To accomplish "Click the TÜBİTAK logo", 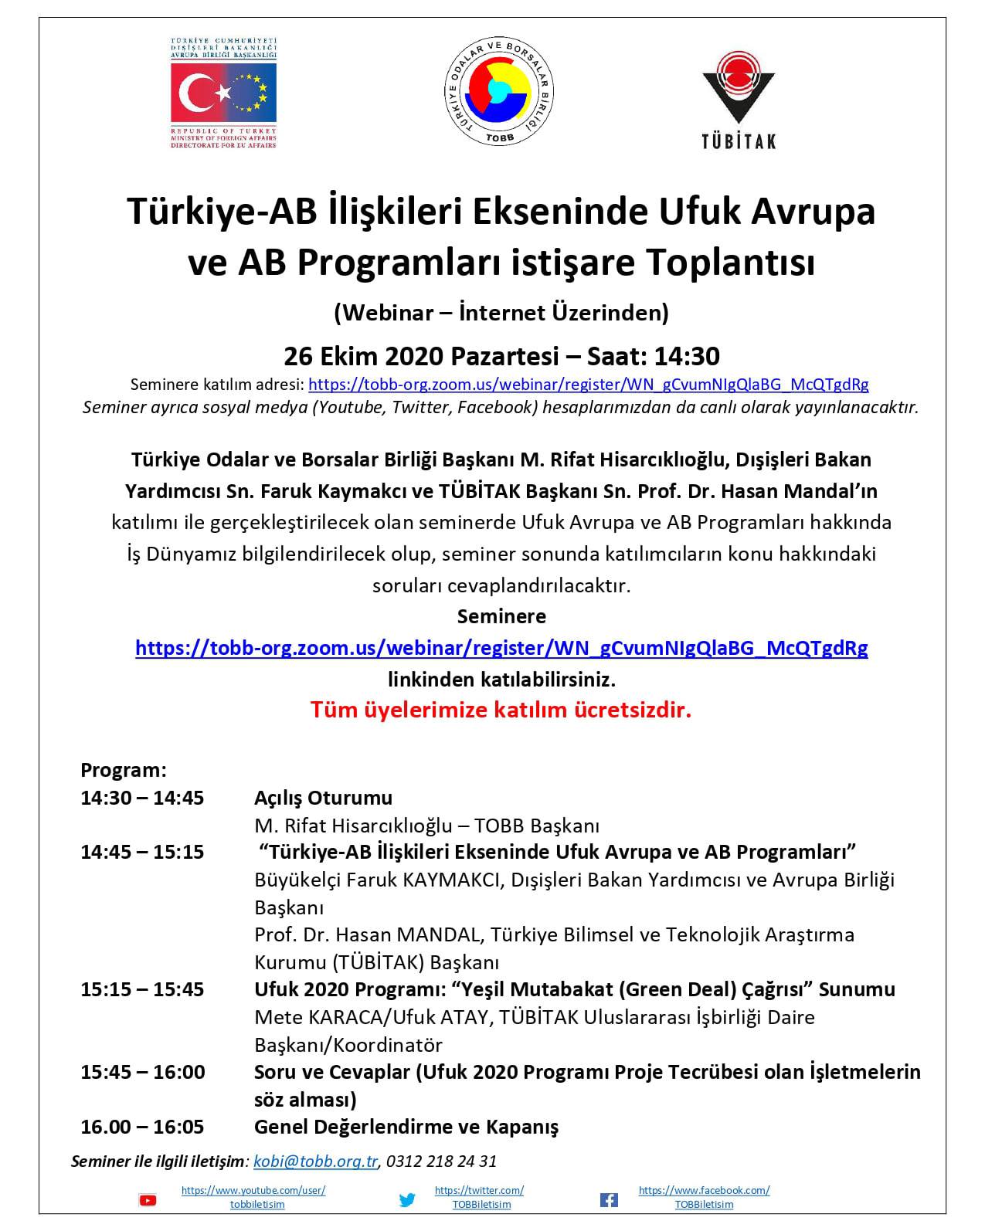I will point(738,99).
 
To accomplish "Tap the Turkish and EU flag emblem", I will point(223,93).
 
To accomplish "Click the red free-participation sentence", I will point(501,709).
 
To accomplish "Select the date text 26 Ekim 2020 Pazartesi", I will point(421,356).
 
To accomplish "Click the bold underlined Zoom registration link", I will point(501,647).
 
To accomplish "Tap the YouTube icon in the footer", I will point(147,1199).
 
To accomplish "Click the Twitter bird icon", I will point(407,1199).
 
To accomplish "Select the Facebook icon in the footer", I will point(609,1199).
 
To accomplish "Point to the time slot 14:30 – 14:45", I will point(142,798).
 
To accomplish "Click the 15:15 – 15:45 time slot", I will point(142,989).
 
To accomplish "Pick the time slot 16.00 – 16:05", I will point(142,1127).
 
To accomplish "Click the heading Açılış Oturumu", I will point(323,798).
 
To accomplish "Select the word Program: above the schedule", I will point(124,770).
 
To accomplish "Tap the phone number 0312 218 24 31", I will point(441,1161).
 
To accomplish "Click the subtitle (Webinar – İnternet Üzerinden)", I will point(501,313).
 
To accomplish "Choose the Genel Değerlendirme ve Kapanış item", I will point(406,1127).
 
